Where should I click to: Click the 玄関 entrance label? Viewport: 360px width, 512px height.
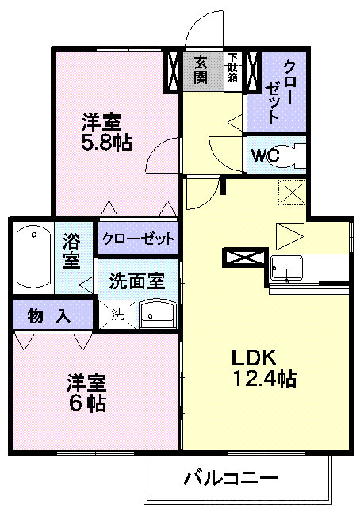click(201, 70)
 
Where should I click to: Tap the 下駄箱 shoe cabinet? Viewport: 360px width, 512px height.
click(233, 71)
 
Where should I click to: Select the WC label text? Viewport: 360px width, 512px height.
click(266, 155)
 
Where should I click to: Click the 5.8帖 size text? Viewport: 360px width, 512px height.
click(106, 143)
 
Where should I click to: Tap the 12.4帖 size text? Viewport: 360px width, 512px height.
click(264, 379)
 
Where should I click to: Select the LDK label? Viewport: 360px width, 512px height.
click(255, 357)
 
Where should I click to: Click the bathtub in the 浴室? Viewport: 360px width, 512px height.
click(33, 257)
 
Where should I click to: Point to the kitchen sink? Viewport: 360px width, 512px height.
click(286, 268)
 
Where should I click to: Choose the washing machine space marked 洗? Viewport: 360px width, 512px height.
click(117, 315)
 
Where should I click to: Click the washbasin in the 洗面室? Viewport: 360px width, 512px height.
click(158, 314)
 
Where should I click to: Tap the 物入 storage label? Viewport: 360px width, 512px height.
click(49, 315)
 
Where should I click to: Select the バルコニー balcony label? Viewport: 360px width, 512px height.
click(232, 479)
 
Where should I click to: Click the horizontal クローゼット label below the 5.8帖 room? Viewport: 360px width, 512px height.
click(139, 239)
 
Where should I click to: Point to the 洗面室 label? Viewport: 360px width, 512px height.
click(137, 281)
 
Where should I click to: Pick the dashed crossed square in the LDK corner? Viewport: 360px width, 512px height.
click(292, 193)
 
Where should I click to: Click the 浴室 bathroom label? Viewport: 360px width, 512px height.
click(71, 251)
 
